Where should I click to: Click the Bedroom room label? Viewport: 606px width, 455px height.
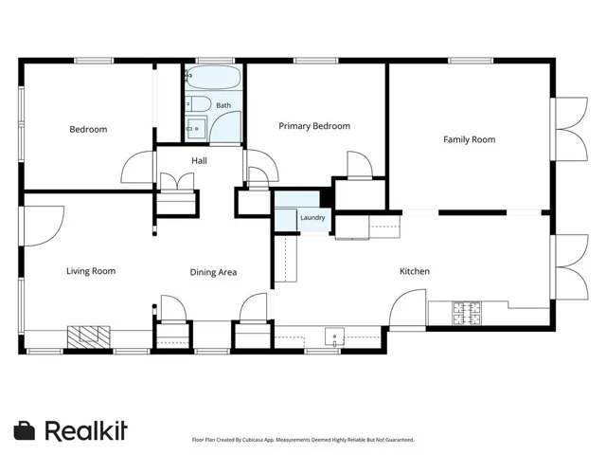pos(88,129)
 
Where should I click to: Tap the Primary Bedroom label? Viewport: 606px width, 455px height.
pos(314,126)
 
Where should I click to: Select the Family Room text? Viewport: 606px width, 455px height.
pos(470,139)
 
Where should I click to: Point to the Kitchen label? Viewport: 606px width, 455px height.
pos(415,271)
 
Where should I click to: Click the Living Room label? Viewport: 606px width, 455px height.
pos(91,271)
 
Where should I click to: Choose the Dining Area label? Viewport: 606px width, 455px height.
pos(213,272)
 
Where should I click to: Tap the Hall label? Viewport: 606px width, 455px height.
pos(199,160)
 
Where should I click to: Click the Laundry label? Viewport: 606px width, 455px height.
pos(312,217)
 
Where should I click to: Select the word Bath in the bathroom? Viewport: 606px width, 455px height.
pos(223,105)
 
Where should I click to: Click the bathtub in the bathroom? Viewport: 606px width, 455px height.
pos(213,78)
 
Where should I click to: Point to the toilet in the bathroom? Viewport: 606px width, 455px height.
pos(198,104)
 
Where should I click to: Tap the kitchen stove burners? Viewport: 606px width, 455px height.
pos(467,313)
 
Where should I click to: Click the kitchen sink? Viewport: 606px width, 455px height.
pos(334,337)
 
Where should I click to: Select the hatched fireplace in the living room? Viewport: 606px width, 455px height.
pos(89,337)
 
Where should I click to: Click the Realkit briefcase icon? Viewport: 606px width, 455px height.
pos(25,430)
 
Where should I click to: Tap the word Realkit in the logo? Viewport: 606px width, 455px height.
pos(86,430)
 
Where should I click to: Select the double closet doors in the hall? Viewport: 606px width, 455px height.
pos(177,181)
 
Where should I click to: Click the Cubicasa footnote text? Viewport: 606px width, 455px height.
pos(303,440)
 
